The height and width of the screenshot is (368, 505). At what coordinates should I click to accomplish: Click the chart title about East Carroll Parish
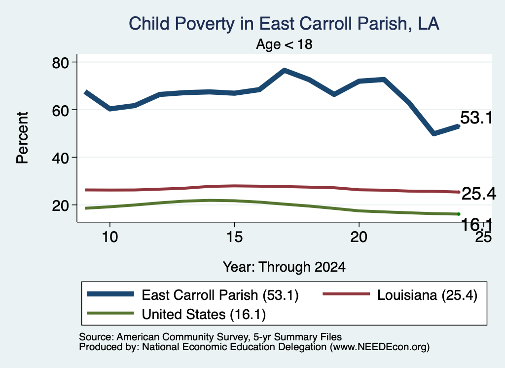pos(284,24)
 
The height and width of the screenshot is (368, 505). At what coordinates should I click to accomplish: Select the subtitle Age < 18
pos(284,44)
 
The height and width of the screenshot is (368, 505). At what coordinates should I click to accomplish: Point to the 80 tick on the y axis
pos(61,63)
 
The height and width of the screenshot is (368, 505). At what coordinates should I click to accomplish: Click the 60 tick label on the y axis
pos(61,110)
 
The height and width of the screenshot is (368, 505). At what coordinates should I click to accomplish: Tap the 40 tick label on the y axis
pos(61,158)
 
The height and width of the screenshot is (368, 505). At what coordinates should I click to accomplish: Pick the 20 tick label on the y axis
pos(61,206)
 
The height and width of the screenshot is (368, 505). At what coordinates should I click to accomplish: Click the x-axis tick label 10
pos(110,237)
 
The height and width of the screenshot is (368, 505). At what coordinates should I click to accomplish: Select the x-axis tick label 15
pos(234,237)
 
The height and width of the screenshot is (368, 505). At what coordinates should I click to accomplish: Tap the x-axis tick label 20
pos(359,237)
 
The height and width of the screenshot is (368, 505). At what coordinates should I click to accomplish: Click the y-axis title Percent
pos(23,138)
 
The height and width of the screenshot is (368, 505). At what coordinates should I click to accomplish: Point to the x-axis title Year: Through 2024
pos(284,267)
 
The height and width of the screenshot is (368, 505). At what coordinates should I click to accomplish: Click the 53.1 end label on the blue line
pos(476,118)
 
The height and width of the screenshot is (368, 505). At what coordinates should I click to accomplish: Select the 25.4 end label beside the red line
pos(478,194)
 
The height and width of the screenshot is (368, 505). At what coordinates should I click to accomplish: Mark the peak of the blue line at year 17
pos(284,70)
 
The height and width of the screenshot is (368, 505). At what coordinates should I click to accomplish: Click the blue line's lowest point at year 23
pos(433,133)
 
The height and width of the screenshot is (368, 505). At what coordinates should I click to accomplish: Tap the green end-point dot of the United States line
pos(458,214)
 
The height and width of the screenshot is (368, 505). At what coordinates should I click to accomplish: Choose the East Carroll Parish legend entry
pos(193,295)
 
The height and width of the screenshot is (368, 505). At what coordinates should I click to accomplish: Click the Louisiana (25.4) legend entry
pos(399,295)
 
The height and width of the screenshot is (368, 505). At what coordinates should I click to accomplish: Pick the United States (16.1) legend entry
pos(176,314)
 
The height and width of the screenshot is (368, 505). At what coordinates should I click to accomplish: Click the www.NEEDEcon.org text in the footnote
pos(379,347)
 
